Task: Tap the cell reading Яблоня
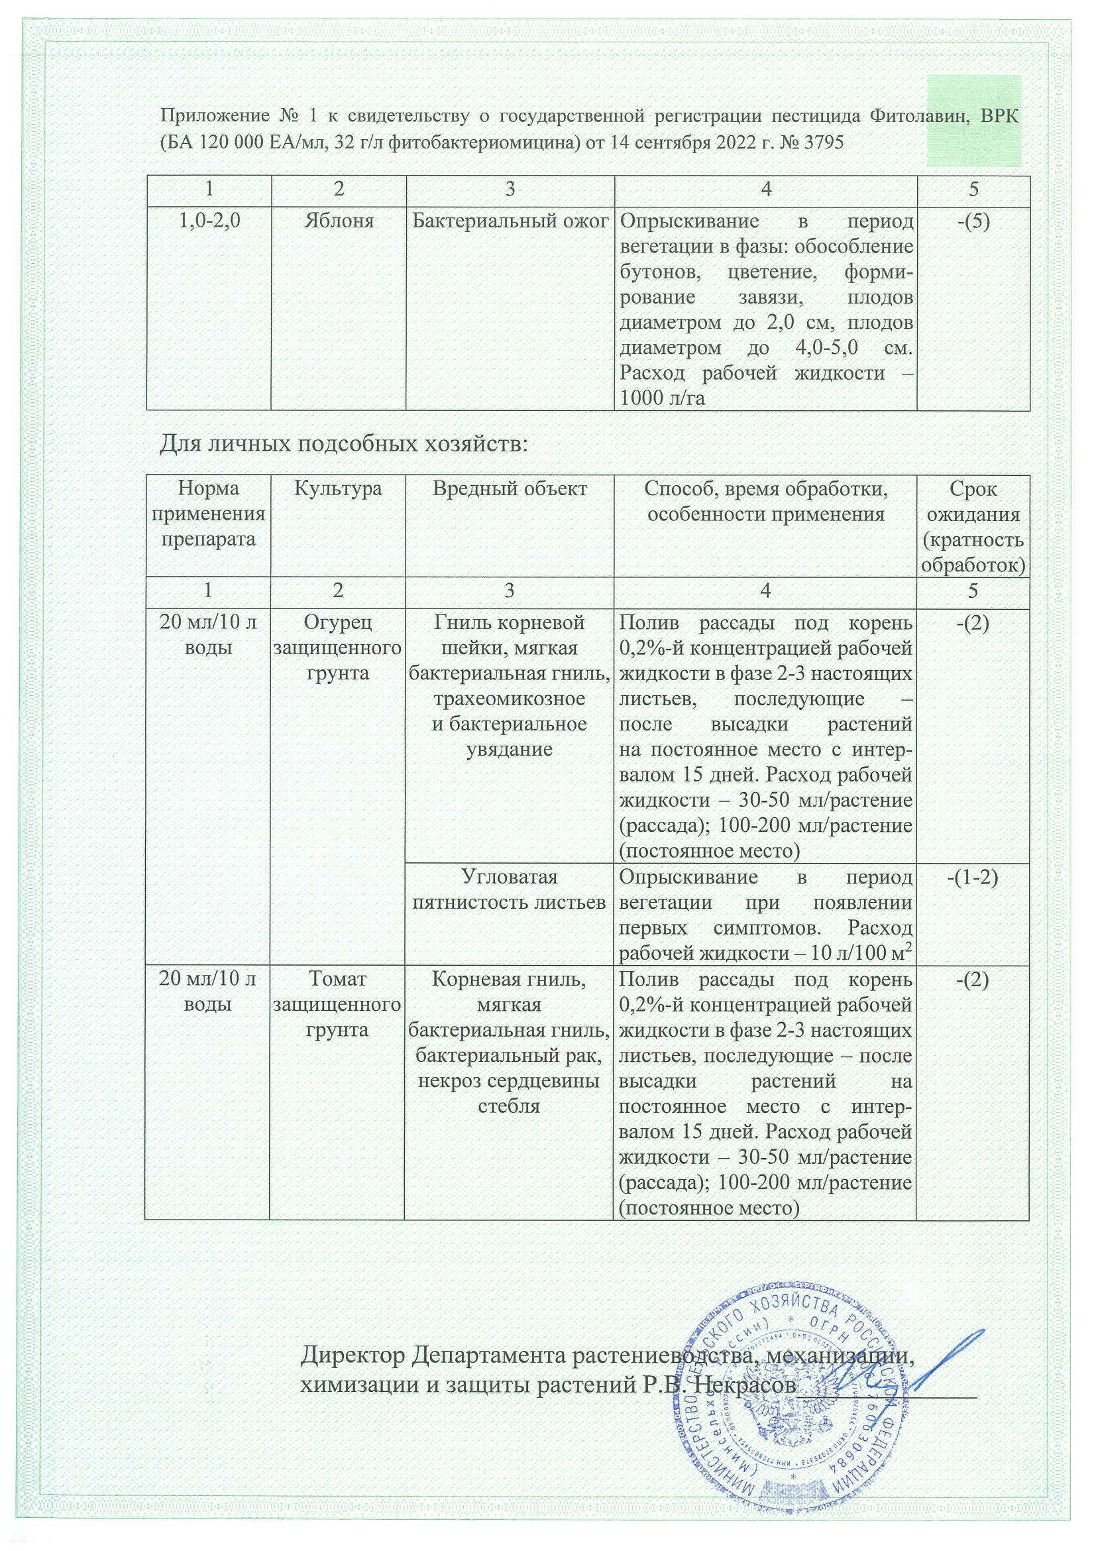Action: tap(339, 221)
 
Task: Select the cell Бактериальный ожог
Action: tap(510, 221)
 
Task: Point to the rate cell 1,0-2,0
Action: tap(209, 221)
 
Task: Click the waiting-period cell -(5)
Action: tap(973, 221)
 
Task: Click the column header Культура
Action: tap(338, 488)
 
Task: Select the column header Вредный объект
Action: tap(509, 488)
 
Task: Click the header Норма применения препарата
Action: tap(209, 514)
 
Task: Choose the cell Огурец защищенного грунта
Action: tap(337, 647)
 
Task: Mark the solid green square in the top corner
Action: tap(973, 121)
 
